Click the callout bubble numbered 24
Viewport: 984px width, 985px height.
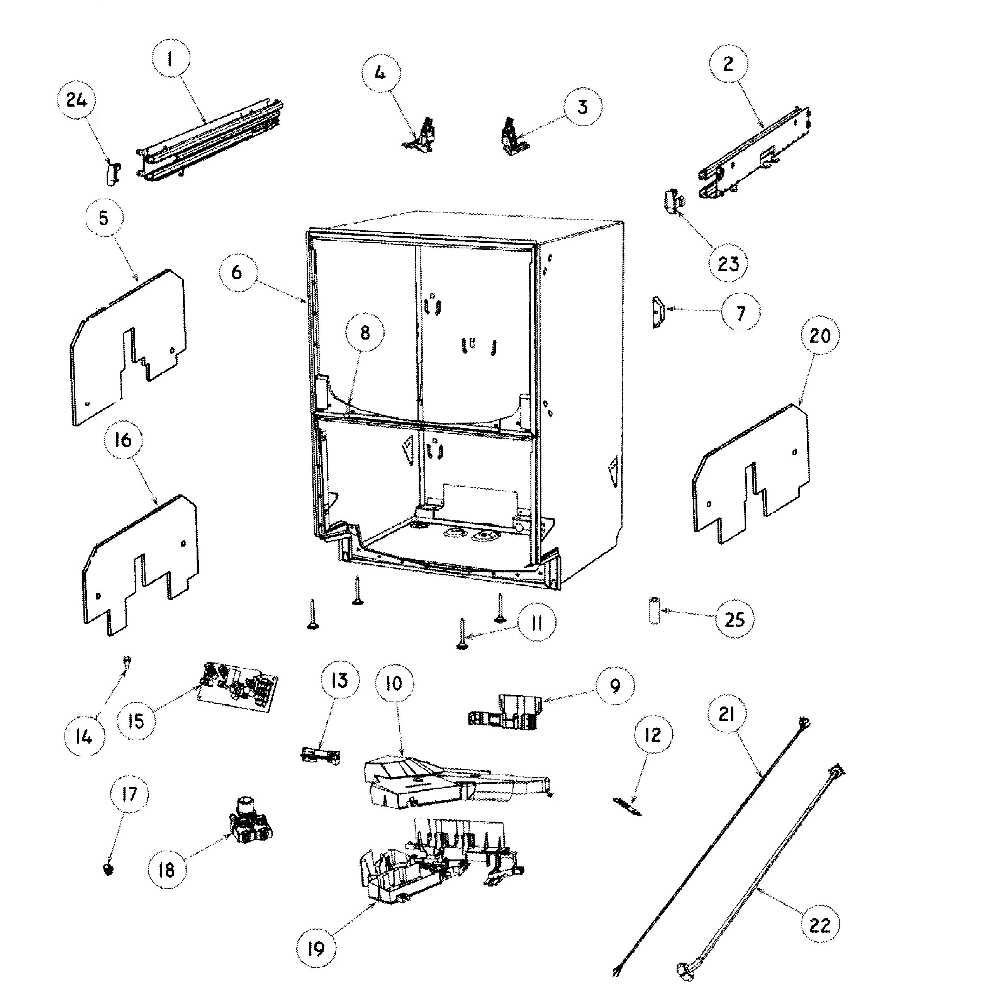(76, 100)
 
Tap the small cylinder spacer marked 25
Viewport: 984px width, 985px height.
(654, 610)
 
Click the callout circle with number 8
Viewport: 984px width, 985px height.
(365, 333)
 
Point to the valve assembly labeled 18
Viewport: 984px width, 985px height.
(249, 823)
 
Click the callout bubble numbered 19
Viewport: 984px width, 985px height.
(316, 949)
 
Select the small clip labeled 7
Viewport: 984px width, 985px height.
(657, 312)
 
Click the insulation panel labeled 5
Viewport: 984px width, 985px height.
(127, 347)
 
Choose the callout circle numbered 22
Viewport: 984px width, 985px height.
(819, 925)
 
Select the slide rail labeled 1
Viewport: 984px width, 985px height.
(209, 140)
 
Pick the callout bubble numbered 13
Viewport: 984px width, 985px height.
(339, 680)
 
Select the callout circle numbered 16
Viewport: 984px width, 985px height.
(123, 440)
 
